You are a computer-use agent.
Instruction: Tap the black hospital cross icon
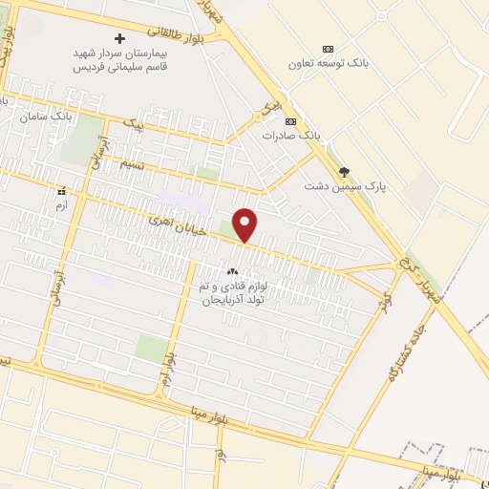pyautogui.click(x=119, y=38)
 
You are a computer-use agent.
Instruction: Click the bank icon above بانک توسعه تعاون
pyautogui.click(x=329, y=48)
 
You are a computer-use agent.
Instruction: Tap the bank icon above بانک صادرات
pyautogui.click(x=291, y=120)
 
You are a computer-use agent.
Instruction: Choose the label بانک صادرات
pyautogui.click(x=292, y=136)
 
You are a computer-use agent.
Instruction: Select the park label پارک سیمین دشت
pyautogui.click(x=330, y=185)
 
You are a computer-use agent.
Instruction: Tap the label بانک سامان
pyautogui.click(x=45, y=116)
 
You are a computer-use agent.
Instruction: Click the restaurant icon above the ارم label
pyautogui.click(x=62, y=191)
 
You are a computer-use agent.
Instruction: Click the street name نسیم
pyautogui.click(x=108, y=164)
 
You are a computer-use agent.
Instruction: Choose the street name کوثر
pyautogui.click(x=386, y=287)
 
